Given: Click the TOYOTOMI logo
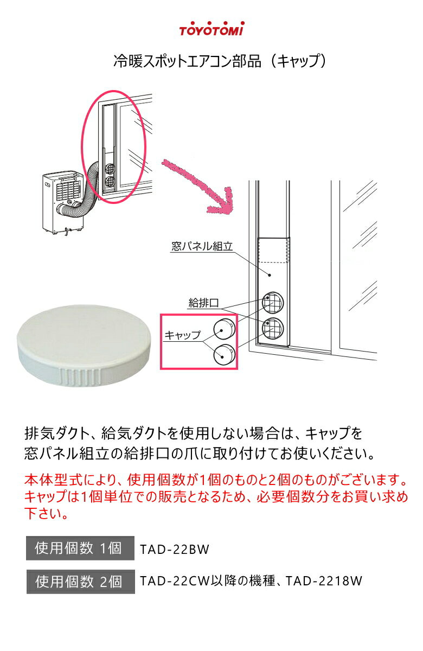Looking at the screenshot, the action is click(x=211, y=29).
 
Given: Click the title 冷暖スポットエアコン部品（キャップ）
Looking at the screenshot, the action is click(x=219, y=61).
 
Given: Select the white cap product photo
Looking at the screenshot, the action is click(x=84, y=346).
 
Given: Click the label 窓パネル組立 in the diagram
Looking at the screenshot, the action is click(x=202, y=246).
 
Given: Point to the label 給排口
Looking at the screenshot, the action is click(x=203, y=303).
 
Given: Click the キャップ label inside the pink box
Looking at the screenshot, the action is click(x=182, y=335).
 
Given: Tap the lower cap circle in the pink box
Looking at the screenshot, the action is click(x=225, y=354).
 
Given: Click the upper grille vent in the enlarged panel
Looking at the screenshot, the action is click(x=272, y=303).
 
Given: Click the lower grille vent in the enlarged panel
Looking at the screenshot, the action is click(x=272, y=328).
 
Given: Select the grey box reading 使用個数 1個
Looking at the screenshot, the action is click(x=80, y=548).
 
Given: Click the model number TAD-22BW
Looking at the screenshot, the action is click(x=175, y=549).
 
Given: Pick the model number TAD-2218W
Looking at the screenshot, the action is click(x=324, y=581).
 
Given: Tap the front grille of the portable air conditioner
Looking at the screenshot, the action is click(x=68, y=190).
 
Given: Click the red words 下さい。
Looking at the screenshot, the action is click(x=46, y=513).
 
